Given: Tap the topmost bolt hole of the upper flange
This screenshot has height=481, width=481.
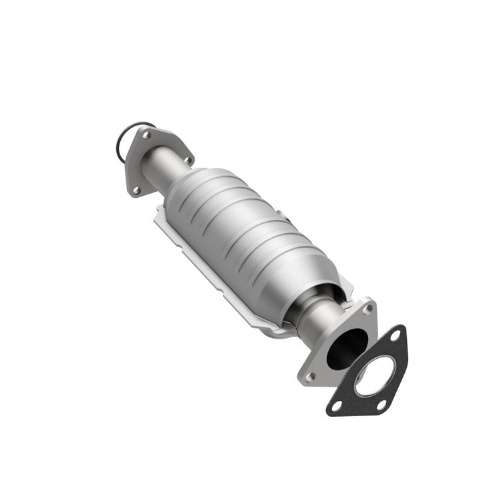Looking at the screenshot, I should pos(146,136).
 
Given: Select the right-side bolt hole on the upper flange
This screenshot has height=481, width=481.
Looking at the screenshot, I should pos(186,160).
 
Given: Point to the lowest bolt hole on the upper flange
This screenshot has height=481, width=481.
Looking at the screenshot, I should pos(136,190).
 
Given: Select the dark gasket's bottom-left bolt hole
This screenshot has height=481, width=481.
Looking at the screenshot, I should pos(337,405).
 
